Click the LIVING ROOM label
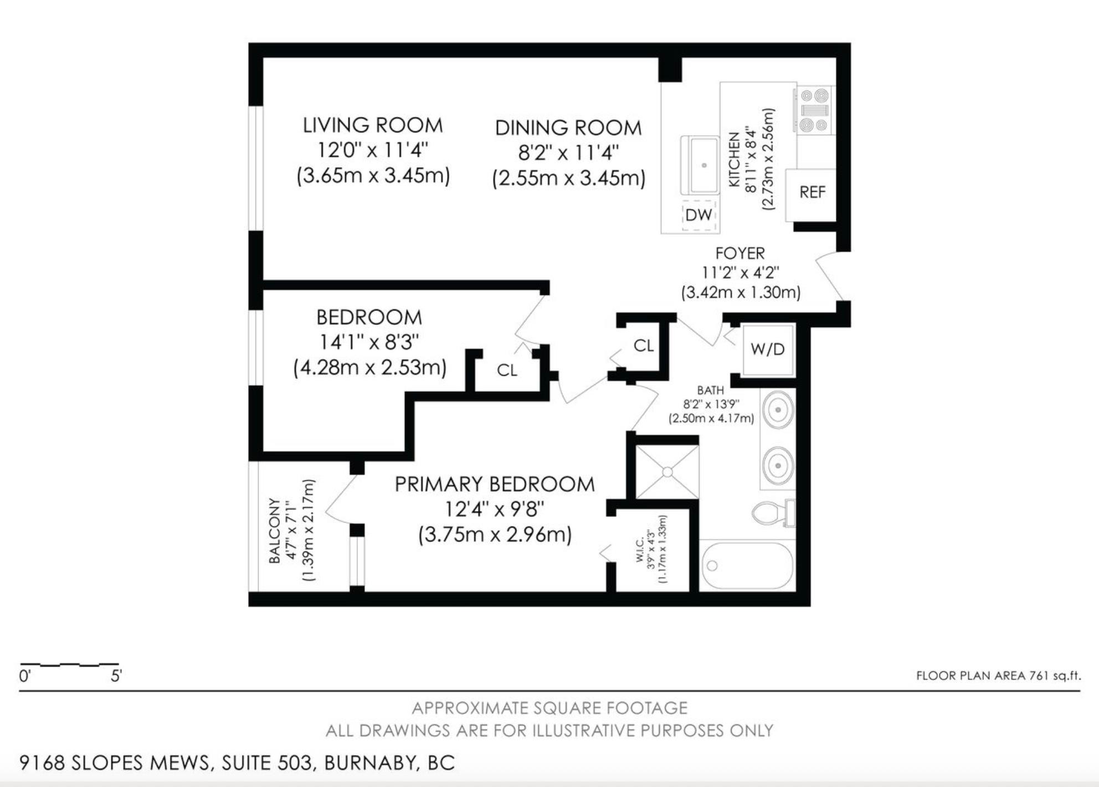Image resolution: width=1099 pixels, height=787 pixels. [x=372, y=126]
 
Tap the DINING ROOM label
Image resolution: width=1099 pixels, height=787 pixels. [x=568, y=128]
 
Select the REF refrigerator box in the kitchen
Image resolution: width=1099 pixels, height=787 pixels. [x=812, y=192]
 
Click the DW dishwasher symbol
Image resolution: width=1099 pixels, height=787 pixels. [x=699, y=215]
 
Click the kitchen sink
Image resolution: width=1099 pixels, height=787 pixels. [x=700, y=165]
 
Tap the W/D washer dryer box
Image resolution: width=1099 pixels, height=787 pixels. [x=768, y=349]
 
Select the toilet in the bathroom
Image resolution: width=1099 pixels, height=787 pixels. [x=773, y=513]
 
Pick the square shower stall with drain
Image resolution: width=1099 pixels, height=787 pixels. [x=667, y=472]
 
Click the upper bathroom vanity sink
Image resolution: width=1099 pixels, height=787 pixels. [x=778, y=410]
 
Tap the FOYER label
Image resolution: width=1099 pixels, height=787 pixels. [x=739, y=253]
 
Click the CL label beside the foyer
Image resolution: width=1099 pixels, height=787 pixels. [x=643, y=346]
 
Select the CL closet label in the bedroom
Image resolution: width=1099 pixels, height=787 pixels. [x=507, y=370]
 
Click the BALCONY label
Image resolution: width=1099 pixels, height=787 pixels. [x=275, y=530]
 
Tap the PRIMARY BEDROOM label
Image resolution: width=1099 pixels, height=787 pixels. [x=494, y=484]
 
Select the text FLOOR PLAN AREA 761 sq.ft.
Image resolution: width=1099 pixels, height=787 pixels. [x=998, y=676]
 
